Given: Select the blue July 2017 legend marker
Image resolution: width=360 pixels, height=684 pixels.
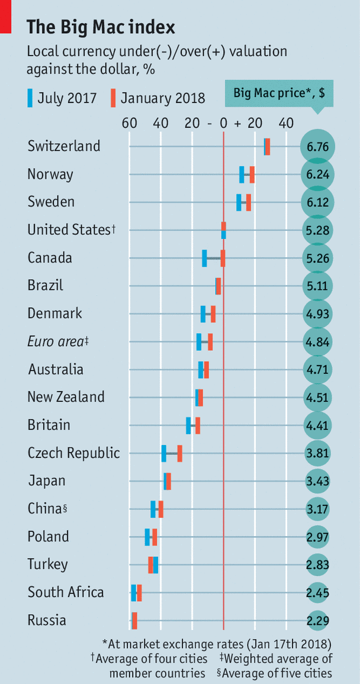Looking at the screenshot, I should pos(30,98).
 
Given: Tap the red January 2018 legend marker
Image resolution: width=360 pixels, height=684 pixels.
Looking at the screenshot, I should pos(113,98).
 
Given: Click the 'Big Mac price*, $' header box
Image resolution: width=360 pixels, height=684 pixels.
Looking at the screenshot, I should pos(278,93).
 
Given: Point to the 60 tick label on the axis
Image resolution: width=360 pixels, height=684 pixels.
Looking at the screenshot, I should pos(130,124).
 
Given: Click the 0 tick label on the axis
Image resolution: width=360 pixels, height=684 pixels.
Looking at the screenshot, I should pos(223,124).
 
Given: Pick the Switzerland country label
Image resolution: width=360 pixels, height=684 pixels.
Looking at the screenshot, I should pos(64,146).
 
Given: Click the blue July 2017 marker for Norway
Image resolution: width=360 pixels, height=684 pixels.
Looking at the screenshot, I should pos(242,175).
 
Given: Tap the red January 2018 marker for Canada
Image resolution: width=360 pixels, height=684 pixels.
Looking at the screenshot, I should pos(223,258).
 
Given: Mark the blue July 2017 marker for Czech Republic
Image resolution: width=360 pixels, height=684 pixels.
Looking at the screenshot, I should pos(164,453).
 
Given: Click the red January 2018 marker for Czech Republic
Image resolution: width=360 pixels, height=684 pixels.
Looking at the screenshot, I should pos(179,453).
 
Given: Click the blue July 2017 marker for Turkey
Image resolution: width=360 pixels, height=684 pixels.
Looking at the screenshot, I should pos(156,564).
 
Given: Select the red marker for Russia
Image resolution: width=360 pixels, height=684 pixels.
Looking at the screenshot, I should pos(134,620).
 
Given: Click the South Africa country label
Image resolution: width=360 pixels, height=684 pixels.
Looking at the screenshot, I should pos(66,592).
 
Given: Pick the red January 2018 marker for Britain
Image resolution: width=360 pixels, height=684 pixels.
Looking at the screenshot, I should pos(198,425).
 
